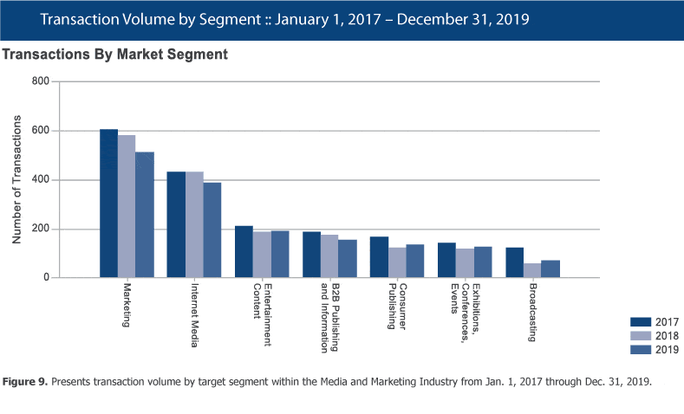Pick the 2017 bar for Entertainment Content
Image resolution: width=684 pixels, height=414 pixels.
(x=244, y=252)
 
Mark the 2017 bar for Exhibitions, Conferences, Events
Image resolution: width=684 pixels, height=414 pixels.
(x=446, y=261)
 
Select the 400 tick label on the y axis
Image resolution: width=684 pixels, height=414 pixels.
(x=40, y=180)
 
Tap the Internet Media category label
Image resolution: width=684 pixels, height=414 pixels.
(x=194, y=308)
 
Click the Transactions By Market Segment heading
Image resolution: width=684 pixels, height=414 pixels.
(x=115, y=55)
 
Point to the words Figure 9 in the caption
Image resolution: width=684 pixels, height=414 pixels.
(x=29, y=382)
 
